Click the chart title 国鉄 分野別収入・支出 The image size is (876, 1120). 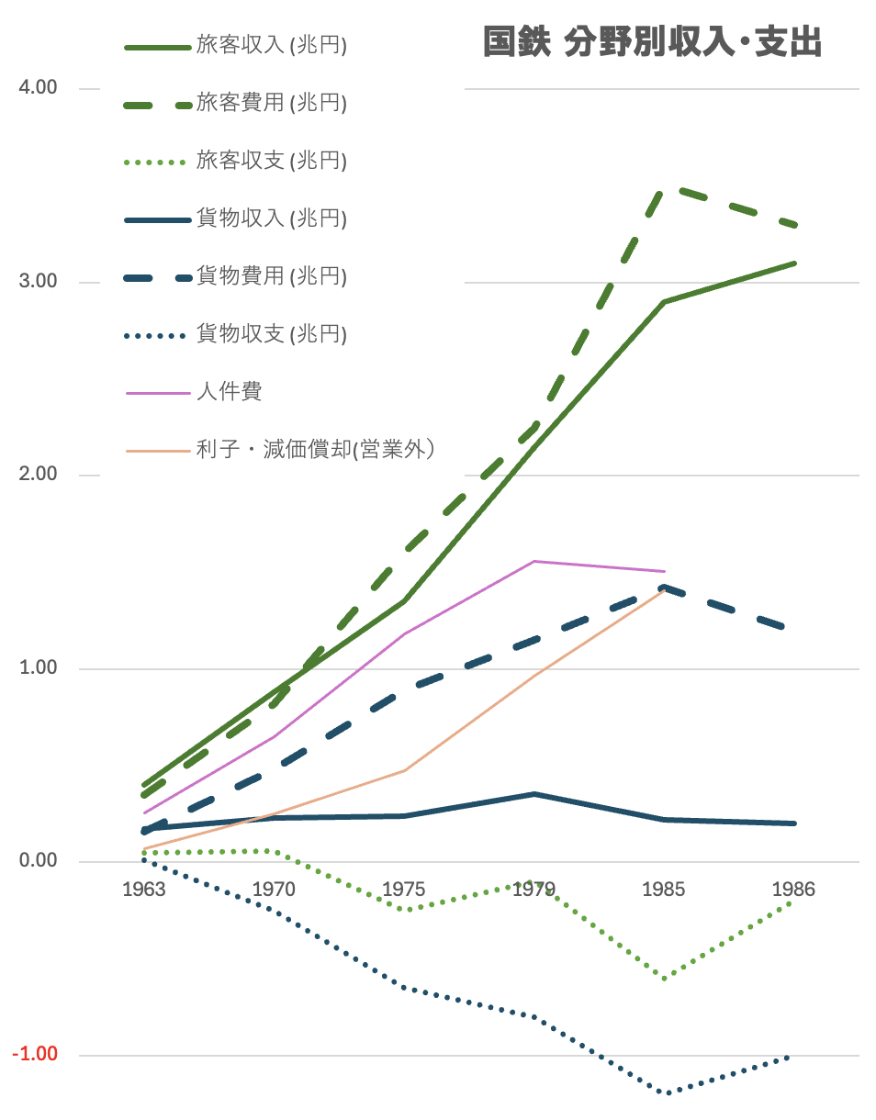[x=652, y=43]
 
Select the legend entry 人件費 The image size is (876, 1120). [x=229, y=391]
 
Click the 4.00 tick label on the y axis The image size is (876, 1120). [x=38, y=88]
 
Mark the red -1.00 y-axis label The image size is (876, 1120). [x=35, y=1054]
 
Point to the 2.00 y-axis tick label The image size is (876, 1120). [x=38, y=475]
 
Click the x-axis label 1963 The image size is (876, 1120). [x=144, y=890]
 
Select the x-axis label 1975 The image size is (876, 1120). [x=404, y=890]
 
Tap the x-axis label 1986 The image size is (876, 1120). [x=793, y=890]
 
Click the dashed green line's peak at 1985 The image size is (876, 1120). [x=664, y=190]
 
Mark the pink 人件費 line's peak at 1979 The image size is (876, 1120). [x=534, y=561]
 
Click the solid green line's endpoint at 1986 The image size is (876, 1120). [x=794, y=263]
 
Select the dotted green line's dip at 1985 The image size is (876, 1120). [x=664, y=978]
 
